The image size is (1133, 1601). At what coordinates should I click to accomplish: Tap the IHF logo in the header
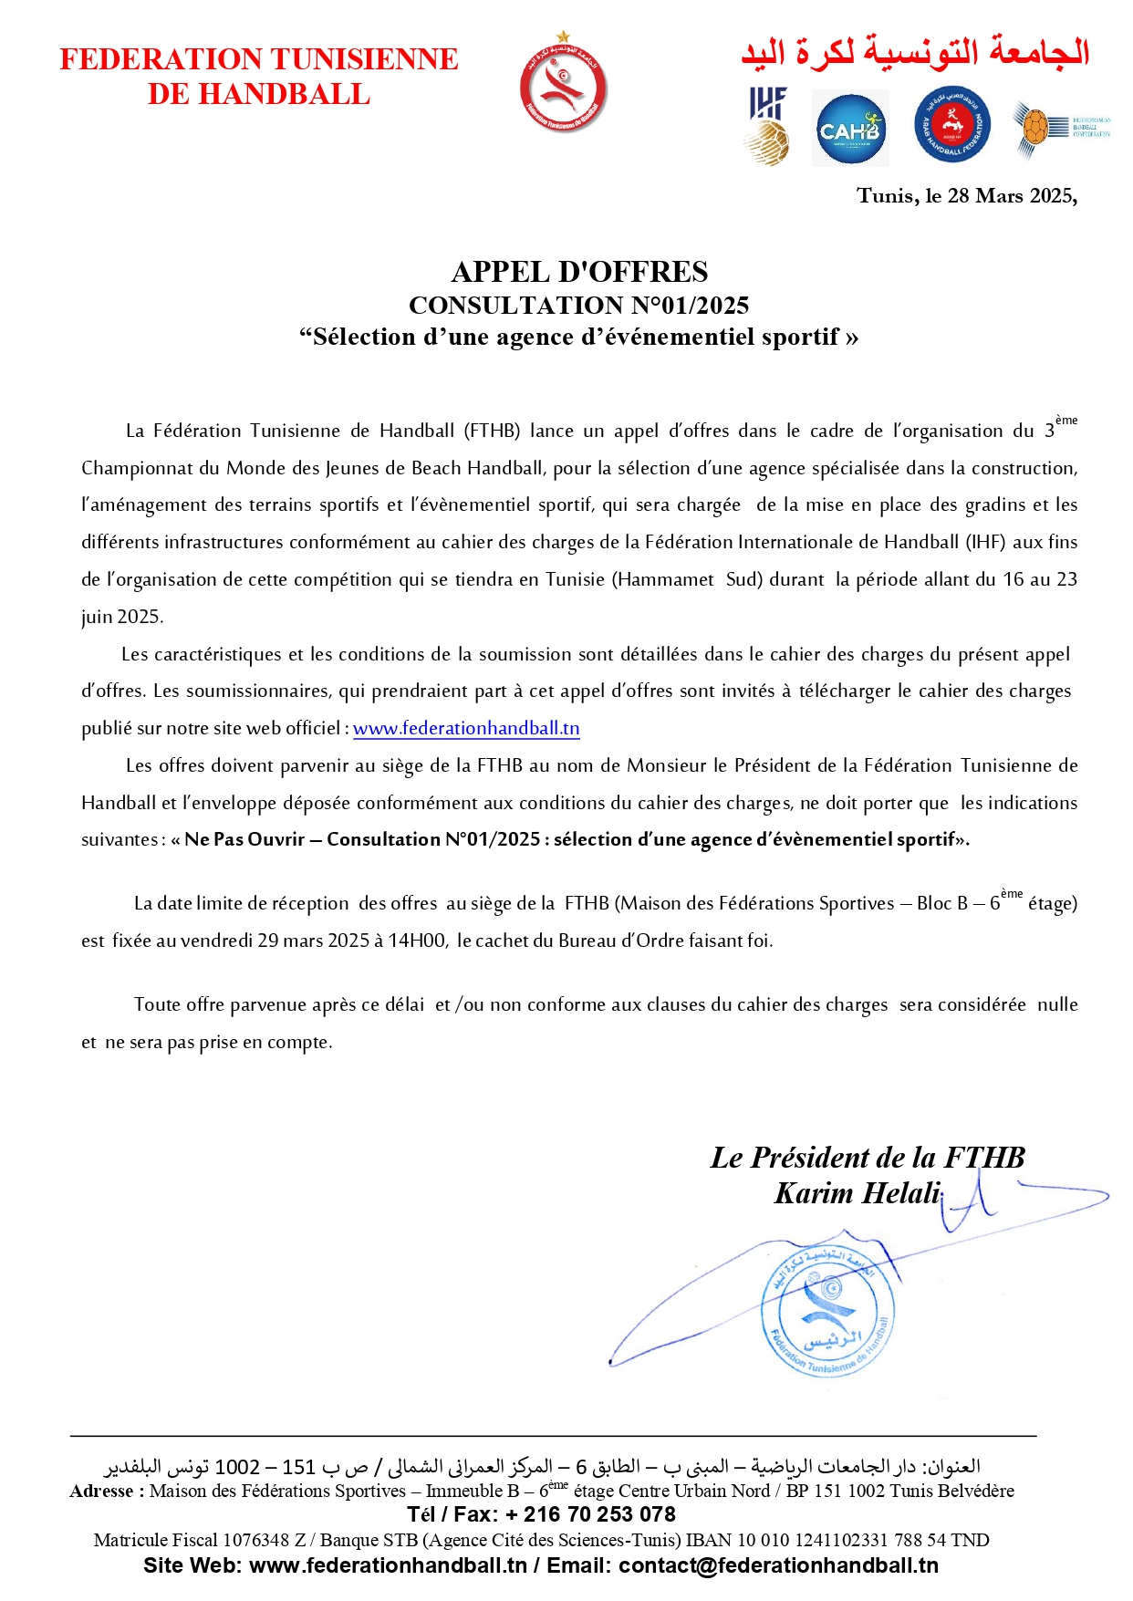pyautogui.click(x=768, y=126)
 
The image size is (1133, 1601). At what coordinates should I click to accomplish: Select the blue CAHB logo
pyautogui.click(x=850, y=130)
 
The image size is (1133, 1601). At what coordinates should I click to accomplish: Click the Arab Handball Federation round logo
pyautogui.click(x=952, y=125)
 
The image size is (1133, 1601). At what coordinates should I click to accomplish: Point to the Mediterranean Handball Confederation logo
pyautogui.click(x=1060, y=128)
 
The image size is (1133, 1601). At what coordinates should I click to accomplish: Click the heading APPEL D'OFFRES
pyautogui.click(x=579, y=272)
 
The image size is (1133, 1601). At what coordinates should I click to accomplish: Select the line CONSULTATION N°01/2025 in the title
pyautogui.click(x=579, y=306)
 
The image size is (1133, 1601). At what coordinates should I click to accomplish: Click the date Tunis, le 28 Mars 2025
pyautogui.click(x=966, y=196)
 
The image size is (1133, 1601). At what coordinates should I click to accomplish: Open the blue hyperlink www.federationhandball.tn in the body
pyautogui.click(x=466, y=729)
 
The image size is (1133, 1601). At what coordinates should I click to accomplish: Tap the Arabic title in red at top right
pyautogui.click(x=915, y=52)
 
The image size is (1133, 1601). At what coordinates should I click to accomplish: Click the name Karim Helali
pyautogui.click(x=857, y=1193)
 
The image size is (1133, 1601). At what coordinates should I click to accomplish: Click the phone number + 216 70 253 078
pyautogui.click(x=599, y=1514)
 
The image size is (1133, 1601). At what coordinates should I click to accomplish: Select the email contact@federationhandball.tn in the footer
pyautogui.click(x=778, y=1565)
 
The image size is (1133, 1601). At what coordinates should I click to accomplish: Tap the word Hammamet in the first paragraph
pyautogui.click(x=665, y=579)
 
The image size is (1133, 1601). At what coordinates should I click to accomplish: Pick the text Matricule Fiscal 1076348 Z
pyautogui.click(x=200, y=1540)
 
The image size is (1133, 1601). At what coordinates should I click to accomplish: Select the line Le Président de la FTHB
pyautogui.click(x=868, y=1158)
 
